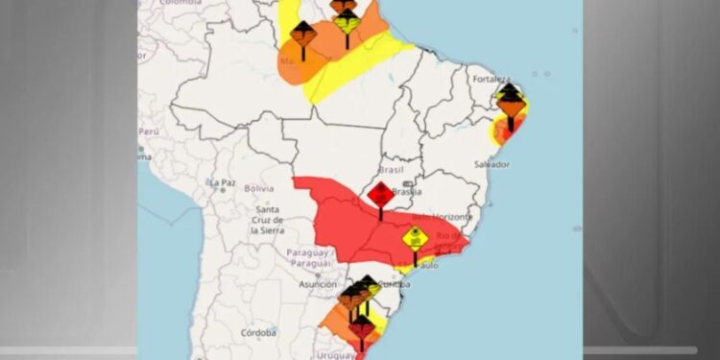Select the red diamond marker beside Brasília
pos(380,195)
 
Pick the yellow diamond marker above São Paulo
pos(415,239)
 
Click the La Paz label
pos(223,182)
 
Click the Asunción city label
pos(318,285)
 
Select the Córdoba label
pos(258,333)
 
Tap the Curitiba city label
pos(397,284)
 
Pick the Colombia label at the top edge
pos(180,3)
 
